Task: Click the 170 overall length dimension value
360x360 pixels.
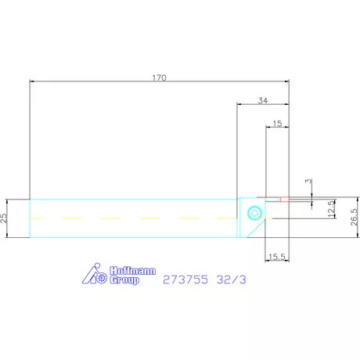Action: (x=159, y=77)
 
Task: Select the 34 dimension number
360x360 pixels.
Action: (x=263, y=100)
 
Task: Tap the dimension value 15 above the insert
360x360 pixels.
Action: (x=277, y=124)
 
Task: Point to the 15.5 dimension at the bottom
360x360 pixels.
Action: (x=277, y=257)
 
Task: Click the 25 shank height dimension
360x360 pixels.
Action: (x=4, y=218)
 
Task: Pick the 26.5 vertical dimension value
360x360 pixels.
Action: (x=354, y=217)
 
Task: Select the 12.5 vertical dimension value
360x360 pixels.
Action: (x=331, y=209)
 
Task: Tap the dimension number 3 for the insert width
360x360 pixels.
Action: (x=308, y=181)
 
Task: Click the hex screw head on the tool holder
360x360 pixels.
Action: (x=254, y=213)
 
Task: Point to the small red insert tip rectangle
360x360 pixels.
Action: (x=285, y=200)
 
